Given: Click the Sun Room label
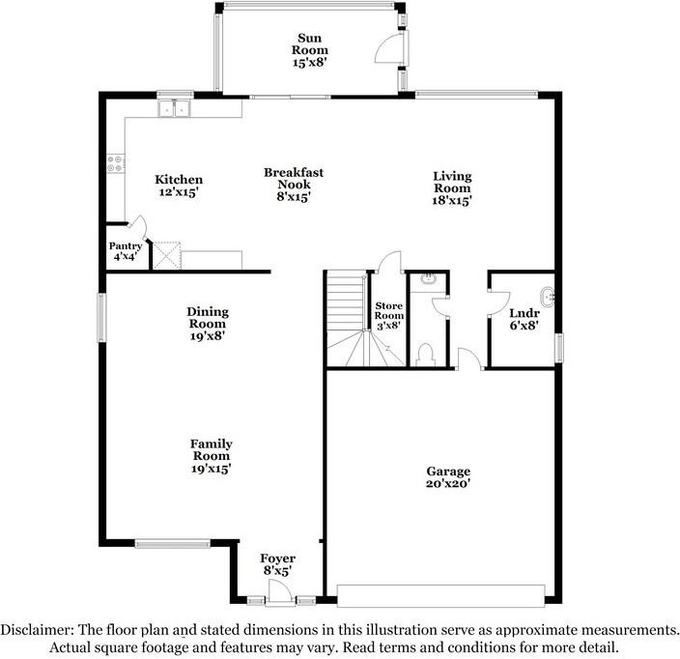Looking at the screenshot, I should pos(311,49).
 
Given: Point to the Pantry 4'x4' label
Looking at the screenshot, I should pos(127,251).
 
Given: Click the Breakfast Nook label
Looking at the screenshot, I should pos(294,185).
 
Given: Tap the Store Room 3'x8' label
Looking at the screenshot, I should pos(388,316).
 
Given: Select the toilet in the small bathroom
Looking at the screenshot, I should pos(426,353).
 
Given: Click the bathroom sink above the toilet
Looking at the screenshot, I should pos(429,281).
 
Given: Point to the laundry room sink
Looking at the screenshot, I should pos(546,297).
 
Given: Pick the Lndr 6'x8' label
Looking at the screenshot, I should pos(524,319).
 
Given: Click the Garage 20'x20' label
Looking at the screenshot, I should pos(449,477).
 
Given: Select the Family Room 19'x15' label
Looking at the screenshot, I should pos(211,456).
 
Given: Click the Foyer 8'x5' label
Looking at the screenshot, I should pos(278,565).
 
